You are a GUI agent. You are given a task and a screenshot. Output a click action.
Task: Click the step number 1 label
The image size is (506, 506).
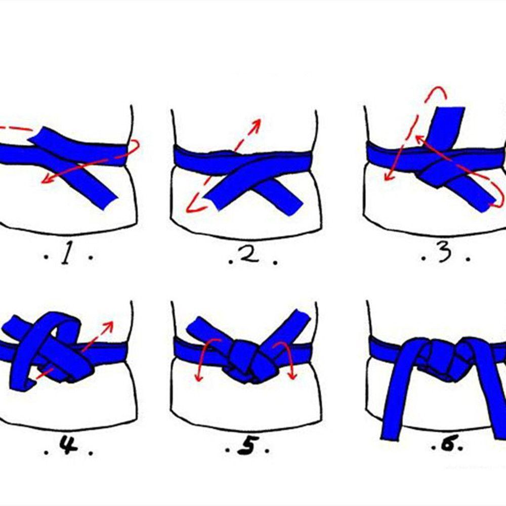(66, 256)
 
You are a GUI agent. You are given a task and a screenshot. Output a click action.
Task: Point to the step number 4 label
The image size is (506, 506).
(67, 447)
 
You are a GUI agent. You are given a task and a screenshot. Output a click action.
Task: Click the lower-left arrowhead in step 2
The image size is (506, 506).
(191, 207)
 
